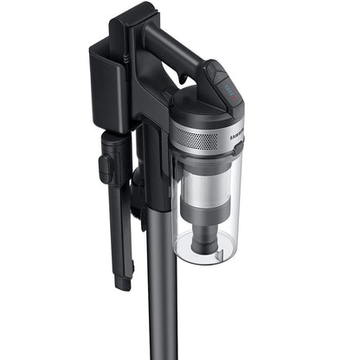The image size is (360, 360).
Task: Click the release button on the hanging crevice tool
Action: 105,168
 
